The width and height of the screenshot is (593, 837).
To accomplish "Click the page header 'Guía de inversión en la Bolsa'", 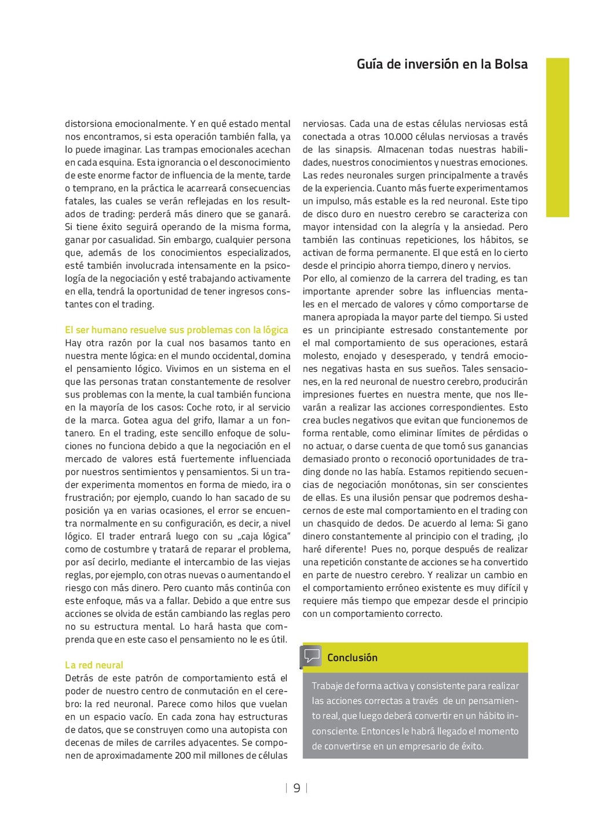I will [x=442, y=64].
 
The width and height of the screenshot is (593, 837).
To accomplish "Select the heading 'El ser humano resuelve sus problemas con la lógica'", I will [x=176, y=330].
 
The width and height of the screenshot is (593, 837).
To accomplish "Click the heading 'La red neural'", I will [x=94, y=665].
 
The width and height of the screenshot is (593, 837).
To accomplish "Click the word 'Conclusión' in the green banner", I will [x=352, y=657].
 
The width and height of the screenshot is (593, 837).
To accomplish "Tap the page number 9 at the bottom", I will [x=296, y=788].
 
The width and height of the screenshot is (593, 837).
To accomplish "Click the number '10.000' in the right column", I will [x=399, y=137].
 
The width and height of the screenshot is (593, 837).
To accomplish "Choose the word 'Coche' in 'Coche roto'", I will [x=199, y=407].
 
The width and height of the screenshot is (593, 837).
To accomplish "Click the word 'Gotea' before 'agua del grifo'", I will [x=136, y=420].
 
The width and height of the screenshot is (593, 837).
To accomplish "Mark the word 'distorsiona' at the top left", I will [x=89, y=123].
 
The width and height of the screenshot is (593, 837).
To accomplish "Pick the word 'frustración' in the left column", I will [x=89, y=498].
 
